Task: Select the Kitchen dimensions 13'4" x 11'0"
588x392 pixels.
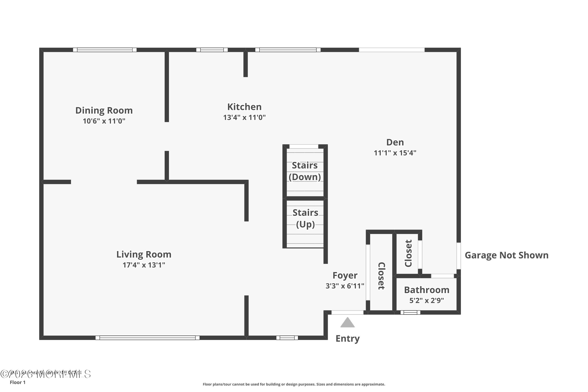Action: tap(244, 117)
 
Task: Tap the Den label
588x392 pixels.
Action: tap(395, 142)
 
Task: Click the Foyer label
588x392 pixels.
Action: tap(345, 275)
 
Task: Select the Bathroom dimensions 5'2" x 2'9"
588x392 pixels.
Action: tap(426, 300)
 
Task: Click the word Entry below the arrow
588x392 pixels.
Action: tap(348, 338)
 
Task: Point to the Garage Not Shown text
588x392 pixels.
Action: tap(506, 255)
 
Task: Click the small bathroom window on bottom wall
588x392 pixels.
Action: tap(410, 312)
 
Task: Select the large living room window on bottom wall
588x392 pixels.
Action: tap(148, 338)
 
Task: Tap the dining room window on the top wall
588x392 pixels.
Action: tap(104, 50)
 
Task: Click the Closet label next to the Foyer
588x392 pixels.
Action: tap(381, 276)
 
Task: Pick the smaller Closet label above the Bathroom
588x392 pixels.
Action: tap(408, 253)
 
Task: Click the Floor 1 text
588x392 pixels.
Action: tap(17, 382)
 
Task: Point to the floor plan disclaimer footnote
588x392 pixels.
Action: tap(294, 384)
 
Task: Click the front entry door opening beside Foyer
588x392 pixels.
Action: tap(347, 312)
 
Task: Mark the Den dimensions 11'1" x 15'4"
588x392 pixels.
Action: tap(395, 153)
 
